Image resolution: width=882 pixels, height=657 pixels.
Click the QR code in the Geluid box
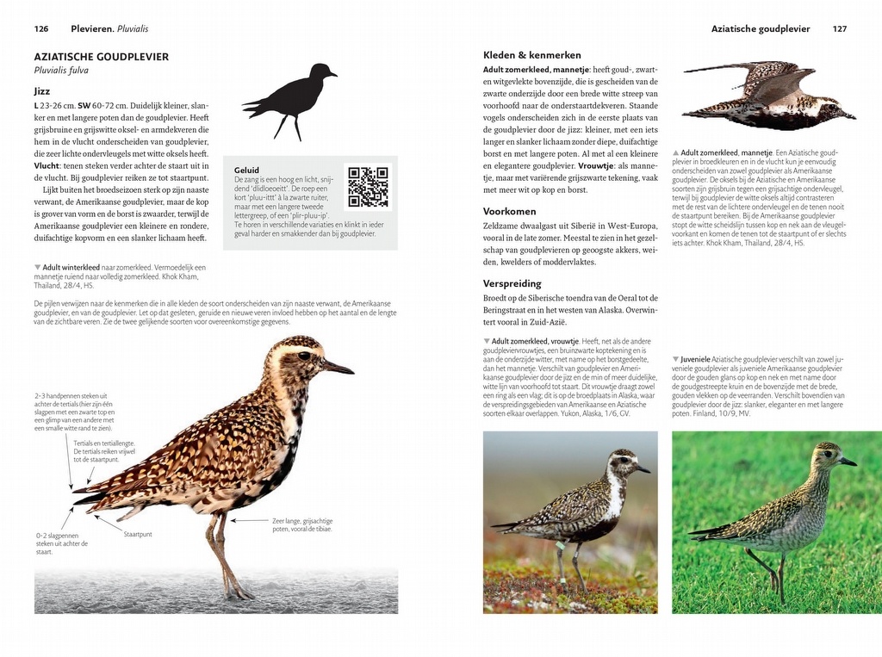368,187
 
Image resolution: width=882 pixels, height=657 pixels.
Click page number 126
41,28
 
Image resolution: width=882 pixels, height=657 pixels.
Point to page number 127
840,28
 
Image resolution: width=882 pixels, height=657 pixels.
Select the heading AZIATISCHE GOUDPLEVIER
102,57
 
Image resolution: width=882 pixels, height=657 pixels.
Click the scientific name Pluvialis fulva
61,71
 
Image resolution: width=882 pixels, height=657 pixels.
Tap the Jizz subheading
42,90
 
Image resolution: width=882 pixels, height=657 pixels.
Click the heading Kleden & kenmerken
532,55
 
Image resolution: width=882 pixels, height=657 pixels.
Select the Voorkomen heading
510,211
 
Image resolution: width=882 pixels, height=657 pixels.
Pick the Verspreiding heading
512,283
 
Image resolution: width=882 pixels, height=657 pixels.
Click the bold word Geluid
246,170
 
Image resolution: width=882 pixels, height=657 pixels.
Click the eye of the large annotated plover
304,356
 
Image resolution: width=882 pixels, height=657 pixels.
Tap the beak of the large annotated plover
339,368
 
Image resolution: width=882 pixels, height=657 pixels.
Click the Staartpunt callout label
138,534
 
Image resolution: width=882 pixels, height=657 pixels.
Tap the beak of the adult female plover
643,469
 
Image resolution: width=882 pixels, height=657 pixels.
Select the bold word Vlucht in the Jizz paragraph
47,165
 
